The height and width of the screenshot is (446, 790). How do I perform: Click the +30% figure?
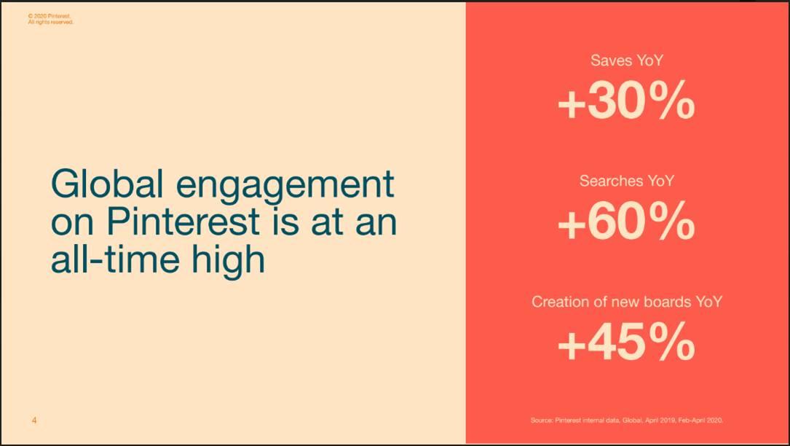coord(626,100)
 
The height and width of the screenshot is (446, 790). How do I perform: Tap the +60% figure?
coord(626,221)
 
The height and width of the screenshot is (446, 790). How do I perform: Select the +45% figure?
coord(626,341)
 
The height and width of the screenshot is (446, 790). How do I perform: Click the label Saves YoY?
coord(627,60)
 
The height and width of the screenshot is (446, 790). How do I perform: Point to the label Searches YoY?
coord(627,181)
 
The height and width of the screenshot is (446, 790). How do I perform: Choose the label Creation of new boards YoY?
coord(627,302)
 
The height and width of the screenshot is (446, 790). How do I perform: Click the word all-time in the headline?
coord(115,258)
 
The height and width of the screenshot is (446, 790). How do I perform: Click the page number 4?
coord(34,420)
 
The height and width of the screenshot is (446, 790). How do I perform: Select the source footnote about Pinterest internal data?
coord(627,420)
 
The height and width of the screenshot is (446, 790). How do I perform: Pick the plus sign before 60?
coord(572,224)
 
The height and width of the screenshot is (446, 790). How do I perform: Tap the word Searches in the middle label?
coord(612,181)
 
